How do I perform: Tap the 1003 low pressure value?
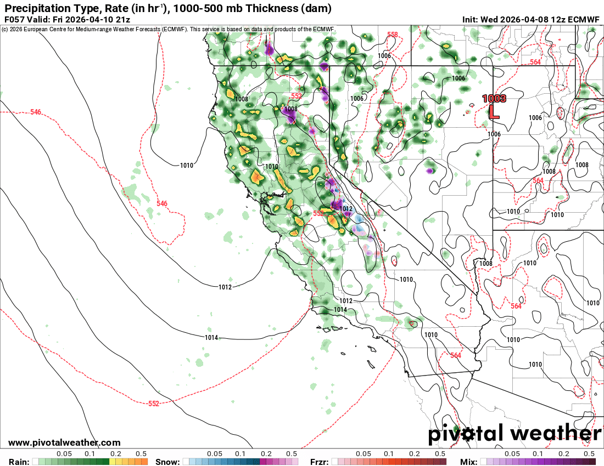494,99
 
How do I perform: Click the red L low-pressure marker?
494,112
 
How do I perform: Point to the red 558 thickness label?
392,35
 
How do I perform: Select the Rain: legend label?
19,462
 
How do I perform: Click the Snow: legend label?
167,462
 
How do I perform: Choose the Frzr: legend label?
320,462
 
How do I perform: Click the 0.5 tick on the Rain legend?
141,454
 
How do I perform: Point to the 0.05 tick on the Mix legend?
512,454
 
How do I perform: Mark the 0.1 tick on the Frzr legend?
389,454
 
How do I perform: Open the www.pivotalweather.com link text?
64,442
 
